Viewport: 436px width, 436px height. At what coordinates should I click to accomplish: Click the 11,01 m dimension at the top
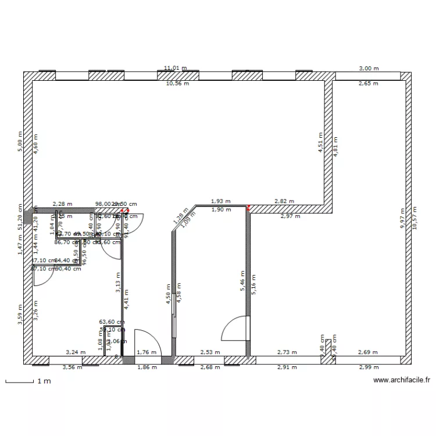pos(176,68)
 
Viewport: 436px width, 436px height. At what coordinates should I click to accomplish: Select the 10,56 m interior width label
pos(178,84)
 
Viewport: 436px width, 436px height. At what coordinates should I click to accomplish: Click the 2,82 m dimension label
pos(284,202)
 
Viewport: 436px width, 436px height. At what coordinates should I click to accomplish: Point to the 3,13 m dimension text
pos(118,281)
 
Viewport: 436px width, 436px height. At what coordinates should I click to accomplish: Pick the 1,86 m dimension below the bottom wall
pos(146,368)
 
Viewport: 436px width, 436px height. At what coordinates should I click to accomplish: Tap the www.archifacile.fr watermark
pos(401,381)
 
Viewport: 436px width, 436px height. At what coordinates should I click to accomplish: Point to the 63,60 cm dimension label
pos(111,321)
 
